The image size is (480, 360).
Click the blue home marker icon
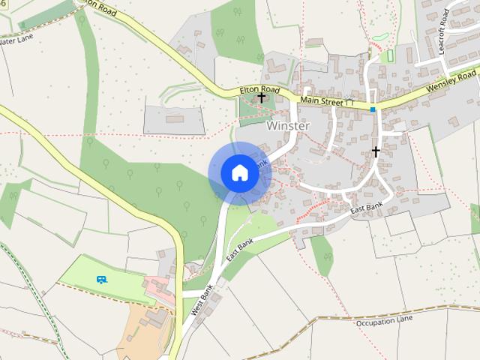click(239, 173)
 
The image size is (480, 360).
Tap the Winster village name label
click(287, 126)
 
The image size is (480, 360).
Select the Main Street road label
click(321, 100)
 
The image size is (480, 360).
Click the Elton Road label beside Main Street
click(259, 90)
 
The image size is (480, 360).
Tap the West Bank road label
click(202, 298)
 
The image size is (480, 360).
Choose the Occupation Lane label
click(384, 321)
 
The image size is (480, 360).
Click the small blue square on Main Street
click(373, 109)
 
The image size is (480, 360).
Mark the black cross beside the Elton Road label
click(261, 97)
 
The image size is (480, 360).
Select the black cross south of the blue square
click(376, 151)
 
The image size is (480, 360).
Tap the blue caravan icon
click(101, 279)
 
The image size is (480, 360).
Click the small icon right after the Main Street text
click(350, 101)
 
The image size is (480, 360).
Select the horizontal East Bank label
click(367, 207)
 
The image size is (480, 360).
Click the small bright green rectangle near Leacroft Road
click(388, 56)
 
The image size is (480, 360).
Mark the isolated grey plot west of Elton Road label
click(173, 119)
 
